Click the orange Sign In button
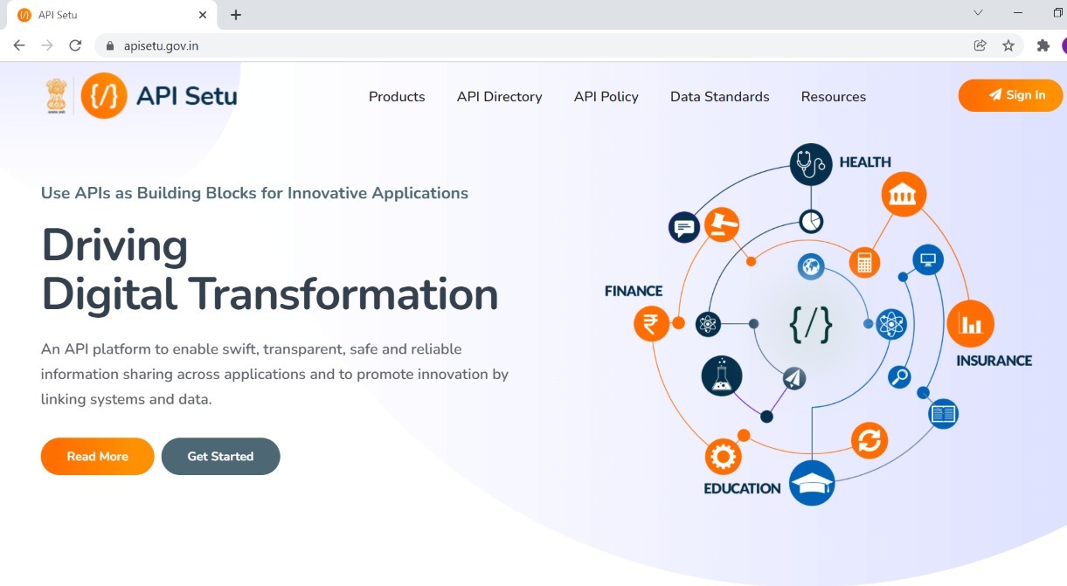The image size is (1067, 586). coord(1010,95)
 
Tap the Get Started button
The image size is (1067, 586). coord(220,456)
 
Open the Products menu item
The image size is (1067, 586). coord(397,97)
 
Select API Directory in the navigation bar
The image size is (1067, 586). coord(499,97)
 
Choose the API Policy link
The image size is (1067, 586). coord(606,97)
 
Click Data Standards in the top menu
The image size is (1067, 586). coord(719,97)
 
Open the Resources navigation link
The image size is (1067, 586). coord(833,97)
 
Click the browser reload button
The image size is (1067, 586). coord(75,45)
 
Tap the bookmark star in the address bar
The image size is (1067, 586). coord(1008,45)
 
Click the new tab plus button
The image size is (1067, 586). coord(236,15)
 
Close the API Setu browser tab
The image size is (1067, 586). coord(203,15)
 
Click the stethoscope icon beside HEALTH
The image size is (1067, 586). coord(811,164)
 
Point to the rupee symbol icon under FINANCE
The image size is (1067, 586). coord(651,324)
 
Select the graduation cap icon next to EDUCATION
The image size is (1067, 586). coord(812,483)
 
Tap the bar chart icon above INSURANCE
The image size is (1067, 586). coord(970,324)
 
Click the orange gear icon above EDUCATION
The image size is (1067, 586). coord(723,457)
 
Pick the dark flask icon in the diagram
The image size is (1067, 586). coord(722,376)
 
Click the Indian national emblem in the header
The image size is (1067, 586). coord(56,96)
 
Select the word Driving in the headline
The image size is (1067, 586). coord(114,246)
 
